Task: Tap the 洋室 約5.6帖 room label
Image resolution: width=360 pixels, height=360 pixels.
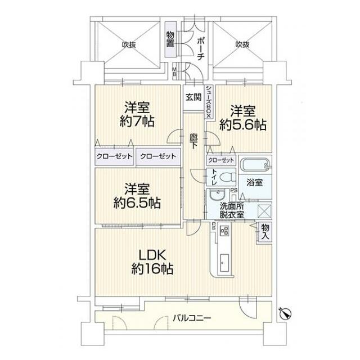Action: (x=242, y=118)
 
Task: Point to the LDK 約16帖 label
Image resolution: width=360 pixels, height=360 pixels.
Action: (x=152, y=260)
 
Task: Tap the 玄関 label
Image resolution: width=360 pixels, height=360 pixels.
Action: (x=193, y=97)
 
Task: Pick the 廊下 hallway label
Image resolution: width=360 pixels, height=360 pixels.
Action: (x=194, y=141)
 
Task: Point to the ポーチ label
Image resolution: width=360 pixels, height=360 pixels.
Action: (x=200, y=47)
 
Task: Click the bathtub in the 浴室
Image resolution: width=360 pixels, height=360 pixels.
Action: (x=255, y=165)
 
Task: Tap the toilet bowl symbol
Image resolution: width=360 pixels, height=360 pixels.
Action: (x=226, y=178)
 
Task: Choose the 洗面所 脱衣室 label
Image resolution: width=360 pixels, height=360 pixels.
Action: (x=232, y=210)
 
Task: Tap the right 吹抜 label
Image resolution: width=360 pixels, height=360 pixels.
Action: (x=242, y=44)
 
